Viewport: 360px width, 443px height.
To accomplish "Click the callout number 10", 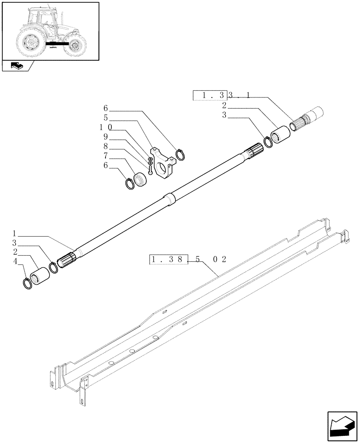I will (x=106, y=127).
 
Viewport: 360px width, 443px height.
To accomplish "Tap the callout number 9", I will (x=106, y=136).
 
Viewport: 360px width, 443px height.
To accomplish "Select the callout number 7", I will (x=106, y=155).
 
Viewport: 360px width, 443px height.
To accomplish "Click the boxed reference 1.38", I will (x=169, y=259).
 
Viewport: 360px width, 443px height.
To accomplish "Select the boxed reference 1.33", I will (x=210, y=95).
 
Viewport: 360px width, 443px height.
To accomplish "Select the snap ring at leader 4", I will (x=27, y=282).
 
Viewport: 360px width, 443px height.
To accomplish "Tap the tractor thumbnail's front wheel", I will (x=74, y=45).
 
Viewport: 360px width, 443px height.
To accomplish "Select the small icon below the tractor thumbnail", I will (x=16, y=66).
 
